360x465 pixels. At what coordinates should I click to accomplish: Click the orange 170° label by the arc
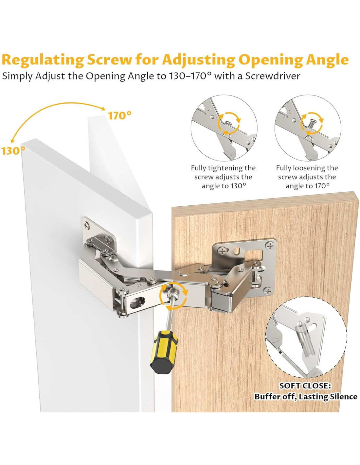tap(119, 116)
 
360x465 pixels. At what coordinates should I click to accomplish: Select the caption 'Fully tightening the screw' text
tap(224, 172)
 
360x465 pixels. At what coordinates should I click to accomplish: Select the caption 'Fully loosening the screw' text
tap(307, 172)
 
